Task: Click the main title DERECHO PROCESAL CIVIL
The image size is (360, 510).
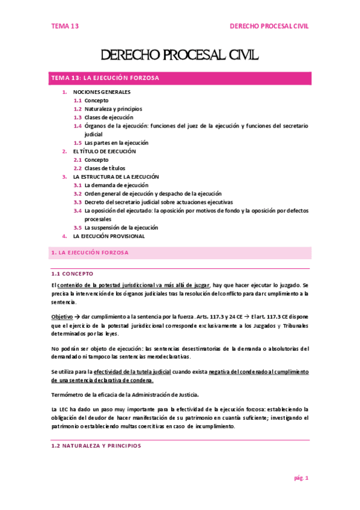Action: point(180,56)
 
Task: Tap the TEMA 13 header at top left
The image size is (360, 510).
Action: point(64,26)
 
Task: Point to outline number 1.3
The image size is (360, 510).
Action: point(78,118)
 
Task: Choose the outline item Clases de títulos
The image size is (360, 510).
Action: point(105,168)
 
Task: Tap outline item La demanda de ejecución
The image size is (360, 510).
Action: point(116,185)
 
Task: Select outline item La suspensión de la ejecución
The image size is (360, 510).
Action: point(121,228)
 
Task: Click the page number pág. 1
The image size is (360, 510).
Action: point(301,478)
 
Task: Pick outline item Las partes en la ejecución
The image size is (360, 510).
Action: point(117,143)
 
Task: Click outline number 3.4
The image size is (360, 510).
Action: point(78,211)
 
